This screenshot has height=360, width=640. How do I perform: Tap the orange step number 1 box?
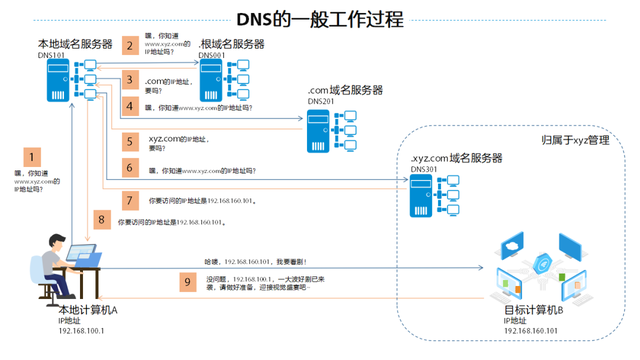(34, 157)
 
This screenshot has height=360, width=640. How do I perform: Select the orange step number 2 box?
(129, 45)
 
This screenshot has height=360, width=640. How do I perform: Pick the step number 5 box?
(129, 142)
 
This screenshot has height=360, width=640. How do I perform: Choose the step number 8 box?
(100, 218)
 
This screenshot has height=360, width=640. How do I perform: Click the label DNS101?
(52, 55)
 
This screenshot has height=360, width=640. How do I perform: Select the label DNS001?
(213, 55)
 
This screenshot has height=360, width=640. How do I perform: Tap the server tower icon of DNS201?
(319, 129)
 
